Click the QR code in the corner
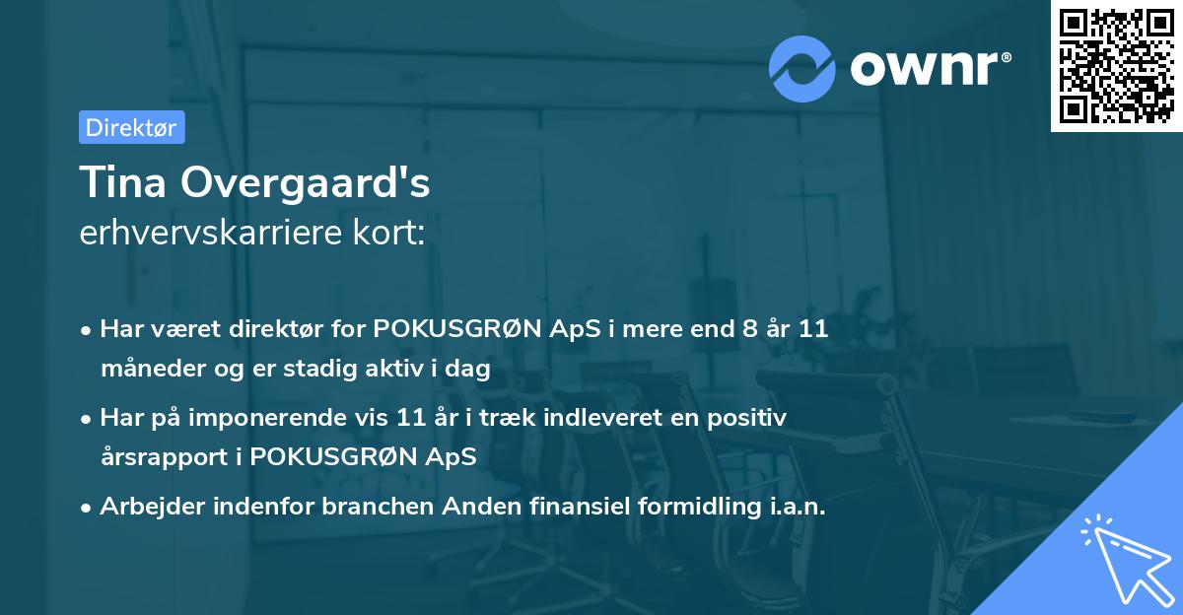pyautogui.click(x=1116, y=66)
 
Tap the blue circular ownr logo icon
pyautogui.click(x=802, y=68)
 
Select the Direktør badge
pyautogui.click(x=131, y=127)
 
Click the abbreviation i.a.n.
pyautogui.click(x=794, y=507)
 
